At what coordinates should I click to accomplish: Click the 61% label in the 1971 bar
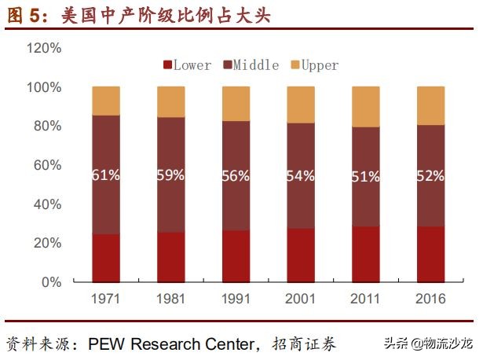[x=106, y=175]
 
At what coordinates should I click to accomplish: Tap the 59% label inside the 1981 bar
[x=170, y=174]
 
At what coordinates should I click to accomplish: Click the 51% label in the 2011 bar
[x=366, y=176]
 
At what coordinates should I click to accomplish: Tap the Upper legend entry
[x=314, y=64]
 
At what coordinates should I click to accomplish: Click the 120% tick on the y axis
[x=45, y=48]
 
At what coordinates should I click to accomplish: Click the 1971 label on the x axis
[x=106, y=299]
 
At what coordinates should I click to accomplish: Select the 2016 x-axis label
[x=430, y=299]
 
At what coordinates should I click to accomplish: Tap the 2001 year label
[x=301, y=299]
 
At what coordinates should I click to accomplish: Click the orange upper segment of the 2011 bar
[x=366, y=107]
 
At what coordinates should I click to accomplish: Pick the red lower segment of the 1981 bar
[x=170, y=257]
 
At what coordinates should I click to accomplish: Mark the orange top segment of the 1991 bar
[x=236, y=104]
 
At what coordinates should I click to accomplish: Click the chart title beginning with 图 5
[x=137, y=15]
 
